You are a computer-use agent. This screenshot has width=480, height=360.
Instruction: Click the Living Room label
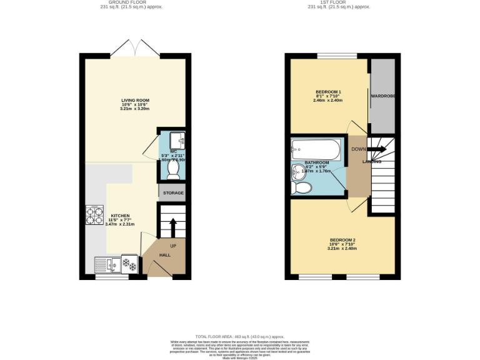coord(135,100)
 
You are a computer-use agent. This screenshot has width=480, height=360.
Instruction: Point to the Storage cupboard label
coord(173,193)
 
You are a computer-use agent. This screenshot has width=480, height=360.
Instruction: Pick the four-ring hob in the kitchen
coord(94,215)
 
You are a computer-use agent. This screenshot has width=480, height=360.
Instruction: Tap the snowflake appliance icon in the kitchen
coord(129,264)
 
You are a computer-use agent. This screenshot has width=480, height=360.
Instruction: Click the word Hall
coord(164,255)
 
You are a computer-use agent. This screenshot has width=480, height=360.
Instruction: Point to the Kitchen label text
coord(121,216)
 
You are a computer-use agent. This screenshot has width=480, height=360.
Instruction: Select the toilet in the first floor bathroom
coord(302,187)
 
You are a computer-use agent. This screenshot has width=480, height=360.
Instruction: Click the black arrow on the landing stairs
coord(377,149)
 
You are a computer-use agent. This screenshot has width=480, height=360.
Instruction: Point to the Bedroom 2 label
coord(342,241)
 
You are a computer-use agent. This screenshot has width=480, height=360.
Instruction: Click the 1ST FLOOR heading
coord(338,2)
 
